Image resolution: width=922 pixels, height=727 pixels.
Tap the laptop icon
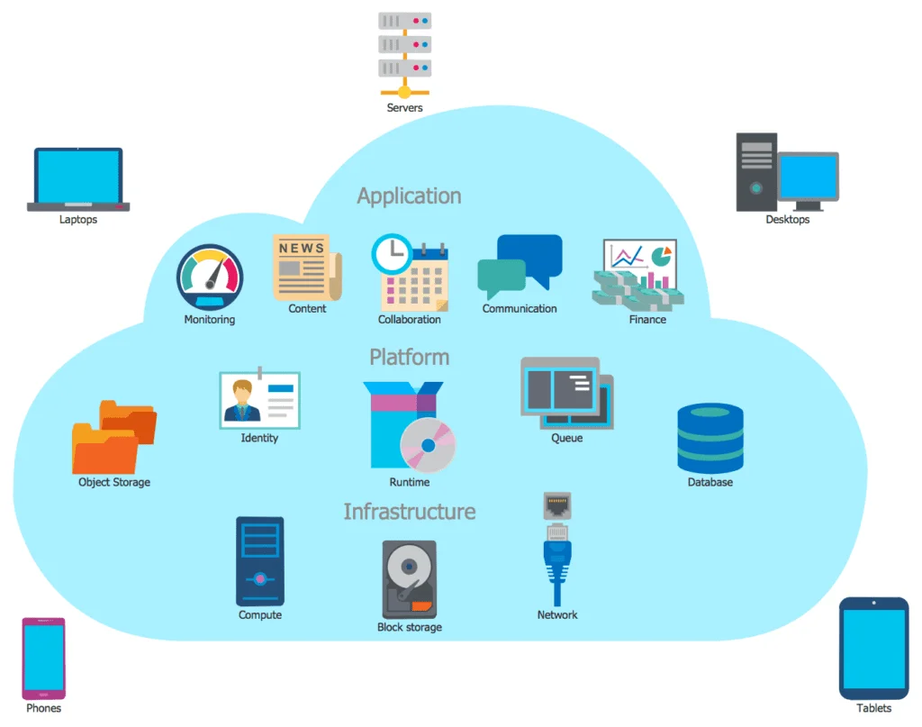click(x=77, y=177)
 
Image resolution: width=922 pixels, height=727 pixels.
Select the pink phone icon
click(x=43, y=658)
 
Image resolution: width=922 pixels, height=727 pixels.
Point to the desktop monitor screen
click(x=808, y=177)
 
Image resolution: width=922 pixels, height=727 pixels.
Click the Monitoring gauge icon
click(x=210, y=277)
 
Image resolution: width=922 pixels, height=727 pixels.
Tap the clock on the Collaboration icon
click(x=391, y=254)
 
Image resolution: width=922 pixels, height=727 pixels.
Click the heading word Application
click(x=409, y=196)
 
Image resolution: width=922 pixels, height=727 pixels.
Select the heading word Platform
click(x=409, y=358)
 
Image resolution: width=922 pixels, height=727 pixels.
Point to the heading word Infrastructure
click(x=409, y=512)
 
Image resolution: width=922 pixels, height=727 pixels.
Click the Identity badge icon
click(x=259, y=399)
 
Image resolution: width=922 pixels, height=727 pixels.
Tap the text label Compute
click(x=260, y=615)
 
